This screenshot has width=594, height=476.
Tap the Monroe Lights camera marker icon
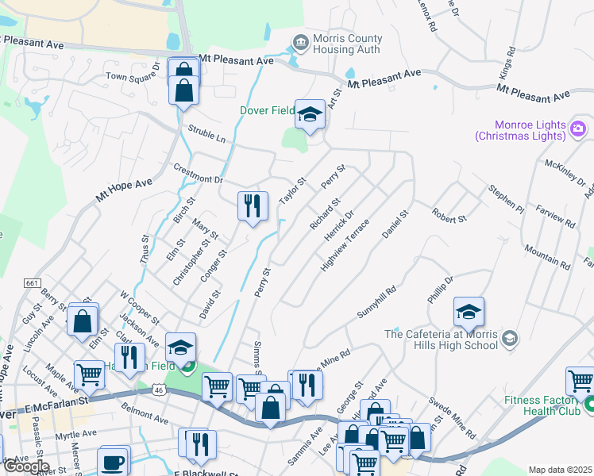(578, 128)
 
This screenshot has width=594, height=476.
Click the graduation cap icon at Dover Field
(309, 114)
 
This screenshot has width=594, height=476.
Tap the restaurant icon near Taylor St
(253, 206)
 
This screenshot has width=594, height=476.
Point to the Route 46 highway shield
(160, 390)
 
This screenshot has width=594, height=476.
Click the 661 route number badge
(32, 283)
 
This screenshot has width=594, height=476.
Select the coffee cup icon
(113, 462)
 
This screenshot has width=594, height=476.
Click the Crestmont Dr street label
(198, 178)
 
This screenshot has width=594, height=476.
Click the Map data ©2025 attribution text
(560, 470)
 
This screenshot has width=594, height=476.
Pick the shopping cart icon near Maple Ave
(89, 374)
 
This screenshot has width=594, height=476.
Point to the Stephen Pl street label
(507, 199)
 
